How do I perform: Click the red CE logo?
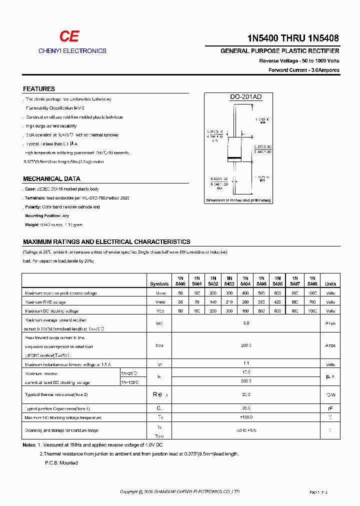(x=69, y=36)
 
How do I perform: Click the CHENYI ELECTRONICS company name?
(x=72, y=51)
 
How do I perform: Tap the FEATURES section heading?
(x=39, y=89)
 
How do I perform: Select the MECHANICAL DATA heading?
(x=51, y=179)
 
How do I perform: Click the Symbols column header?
(x=159, y=283)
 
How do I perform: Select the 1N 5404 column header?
(x=245, y=280)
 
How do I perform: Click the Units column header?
(x=330, y=283)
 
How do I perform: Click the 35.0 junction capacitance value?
(x=245, y=408)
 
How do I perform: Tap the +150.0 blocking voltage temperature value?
(x=245, y=417)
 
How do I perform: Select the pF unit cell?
(x=330, y=408)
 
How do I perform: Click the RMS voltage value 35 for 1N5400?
(x=180, y=302)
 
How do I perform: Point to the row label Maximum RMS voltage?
(x=45, y=302)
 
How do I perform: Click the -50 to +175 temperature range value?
(x=245, y=430)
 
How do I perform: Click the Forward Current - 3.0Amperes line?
(x=303, y=70)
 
